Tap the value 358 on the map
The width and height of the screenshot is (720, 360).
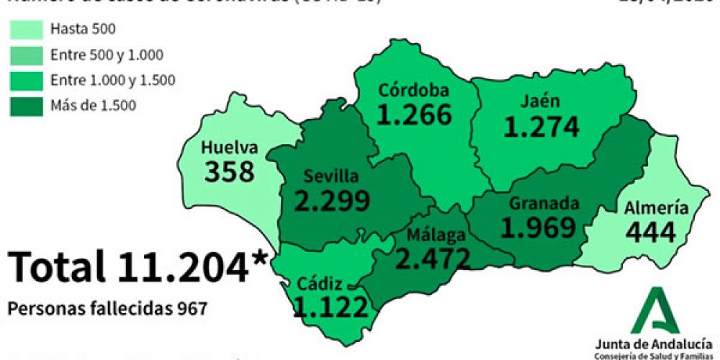[230, 172]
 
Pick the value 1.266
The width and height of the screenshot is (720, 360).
[414, 114]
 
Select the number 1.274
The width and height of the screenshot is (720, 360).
[541, 127]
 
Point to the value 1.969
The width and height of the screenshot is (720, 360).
[539, 228]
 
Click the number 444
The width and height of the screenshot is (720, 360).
[651, 233]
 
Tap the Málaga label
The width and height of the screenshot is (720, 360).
[436, 235]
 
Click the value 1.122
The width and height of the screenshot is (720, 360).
[331, 307]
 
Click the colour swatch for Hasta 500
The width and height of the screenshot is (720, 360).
[27, 30]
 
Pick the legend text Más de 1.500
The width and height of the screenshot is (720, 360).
[93, 106]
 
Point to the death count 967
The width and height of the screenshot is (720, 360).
[192, 308]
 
